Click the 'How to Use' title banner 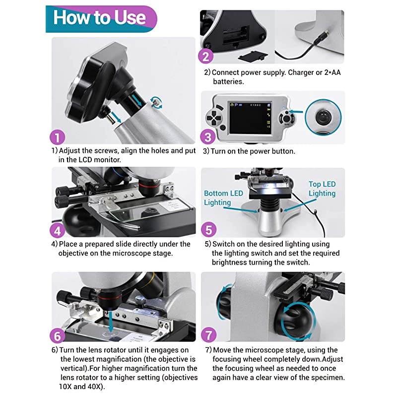pyautogui.click(x=99, y=18)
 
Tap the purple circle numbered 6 pyautogui.click(x=58, y=336)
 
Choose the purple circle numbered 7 pyautogui.click(x=208, y=336)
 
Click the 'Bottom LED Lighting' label pyautogui.click(x=223, y=198)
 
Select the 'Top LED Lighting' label pyautogui.click(x=322, y=189)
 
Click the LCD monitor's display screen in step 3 pyautogui.click(x=250, y=117)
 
